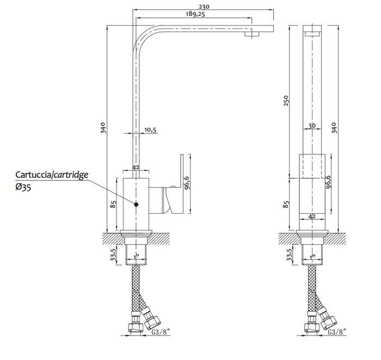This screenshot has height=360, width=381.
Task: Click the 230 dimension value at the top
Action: (x=204, y=7)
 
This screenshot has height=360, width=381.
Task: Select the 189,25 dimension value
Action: (x=195, y=14)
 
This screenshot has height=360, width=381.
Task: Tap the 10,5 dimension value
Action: (x=150, y=130)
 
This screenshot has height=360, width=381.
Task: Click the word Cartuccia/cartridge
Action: (x=52, y=175)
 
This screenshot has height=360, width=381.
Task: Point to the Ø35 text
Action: (x=23, y=188)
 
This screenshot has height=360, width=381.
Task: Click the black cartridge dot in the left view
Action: (x=136, y=204)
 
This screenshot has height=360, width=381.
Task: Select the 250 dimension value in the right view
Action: (x=286, y=101)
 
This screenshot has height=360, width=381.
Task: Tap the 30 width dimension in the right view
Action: (x=312, y=126)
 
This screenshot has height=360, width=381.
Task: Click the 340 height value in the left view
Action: (x=103, y=128)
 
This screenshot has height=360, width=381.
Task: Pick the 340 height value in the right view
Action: (x=334, y=128)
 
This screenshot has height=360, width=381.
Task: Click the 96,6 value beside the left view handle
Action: (x=187, y=182)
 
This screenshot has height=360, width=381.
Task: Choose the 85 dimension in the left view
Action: (x=113, y=204)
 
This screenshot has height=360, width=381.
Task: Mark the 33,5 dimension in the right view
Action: (x=289, y=255)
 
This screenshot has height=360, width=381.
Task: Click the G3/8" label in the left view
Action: (x=161, y=332)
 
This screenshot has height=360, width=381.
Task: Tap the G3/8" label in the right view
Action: (x=337, y=332)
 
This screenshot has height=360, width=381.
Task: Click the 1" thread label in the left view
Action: (x=136, y=256)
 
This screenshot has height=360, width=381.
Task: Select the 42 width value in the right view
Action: (x=312, y=216)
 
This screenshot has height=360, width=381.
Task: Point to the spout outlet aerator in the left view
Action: (x=252, y=34)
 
